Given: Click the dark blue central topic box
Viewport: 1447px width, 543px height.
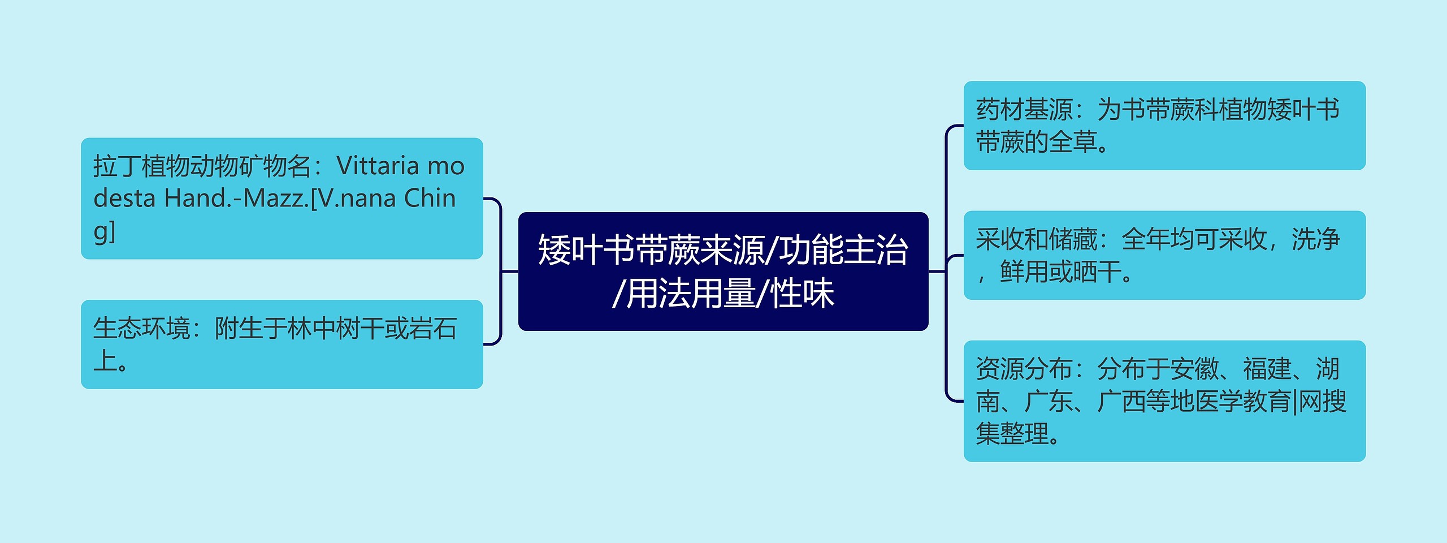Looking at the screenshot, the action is (723, 271).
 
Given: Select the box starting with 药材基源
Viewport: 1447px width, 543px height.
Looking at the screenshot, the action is (1164, 126).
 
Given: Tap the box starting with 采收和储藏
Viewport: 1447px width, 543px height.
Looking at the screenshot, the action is (1164, 255).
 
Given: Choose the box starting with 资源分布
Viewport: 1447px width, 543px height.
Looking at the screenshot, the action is (1164, 401).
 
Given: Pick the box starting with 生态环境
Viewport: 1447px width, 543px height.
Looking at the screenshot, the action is (282, 344).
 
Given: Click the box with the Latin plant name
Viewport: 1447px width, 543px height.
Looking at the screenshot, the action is (282, 199).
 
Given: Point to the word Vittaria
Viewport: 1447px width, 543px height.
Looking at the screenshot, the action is (378, 166).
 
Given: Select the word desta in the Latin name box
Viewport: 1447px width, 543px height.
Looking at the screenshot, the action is (124, 199).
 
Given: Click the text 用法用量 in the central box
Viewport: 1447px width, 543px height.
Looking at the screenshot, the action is (691, 294).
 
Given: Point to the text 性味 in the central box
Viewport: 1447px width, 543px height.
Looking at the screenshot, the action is (803, 294).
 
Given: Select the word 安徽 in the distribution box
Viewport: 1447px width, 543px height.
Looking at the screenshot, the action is (1194, 369).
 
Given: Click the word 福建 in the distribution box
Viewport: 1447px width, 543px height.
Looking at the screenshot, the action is (1267, 369).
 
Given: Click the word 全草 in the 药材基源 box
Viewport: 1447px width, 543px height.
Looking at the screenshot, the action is (1073, 142).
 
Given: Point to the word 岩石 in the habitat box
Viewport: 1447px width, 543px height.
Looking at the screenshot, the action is (433, 329).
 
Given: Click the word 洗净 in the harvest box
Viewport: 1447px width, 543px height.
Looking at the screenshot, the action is (1316, 239).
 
